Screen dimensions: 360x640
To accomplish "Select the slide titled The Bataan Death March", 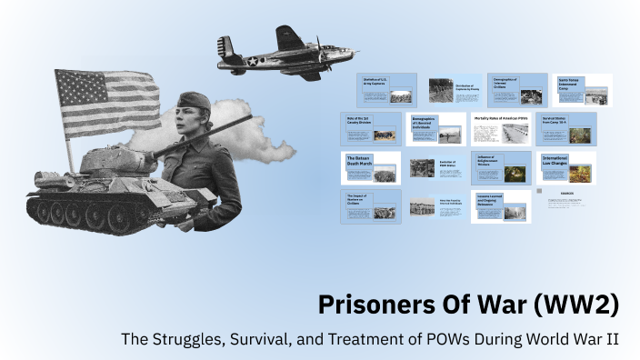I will (x=371, y=167).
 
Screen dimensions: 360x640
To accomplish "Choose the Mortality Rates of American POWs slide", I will (x=500, y=129).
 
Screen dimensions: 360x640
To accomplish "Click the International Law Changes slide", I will (x=566, y=167).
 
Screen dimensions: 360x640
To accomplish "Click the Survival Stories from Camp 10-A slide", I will (x=565, y=129).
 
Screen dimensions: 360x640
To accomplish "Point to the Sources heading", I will (x=565, y=193).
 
